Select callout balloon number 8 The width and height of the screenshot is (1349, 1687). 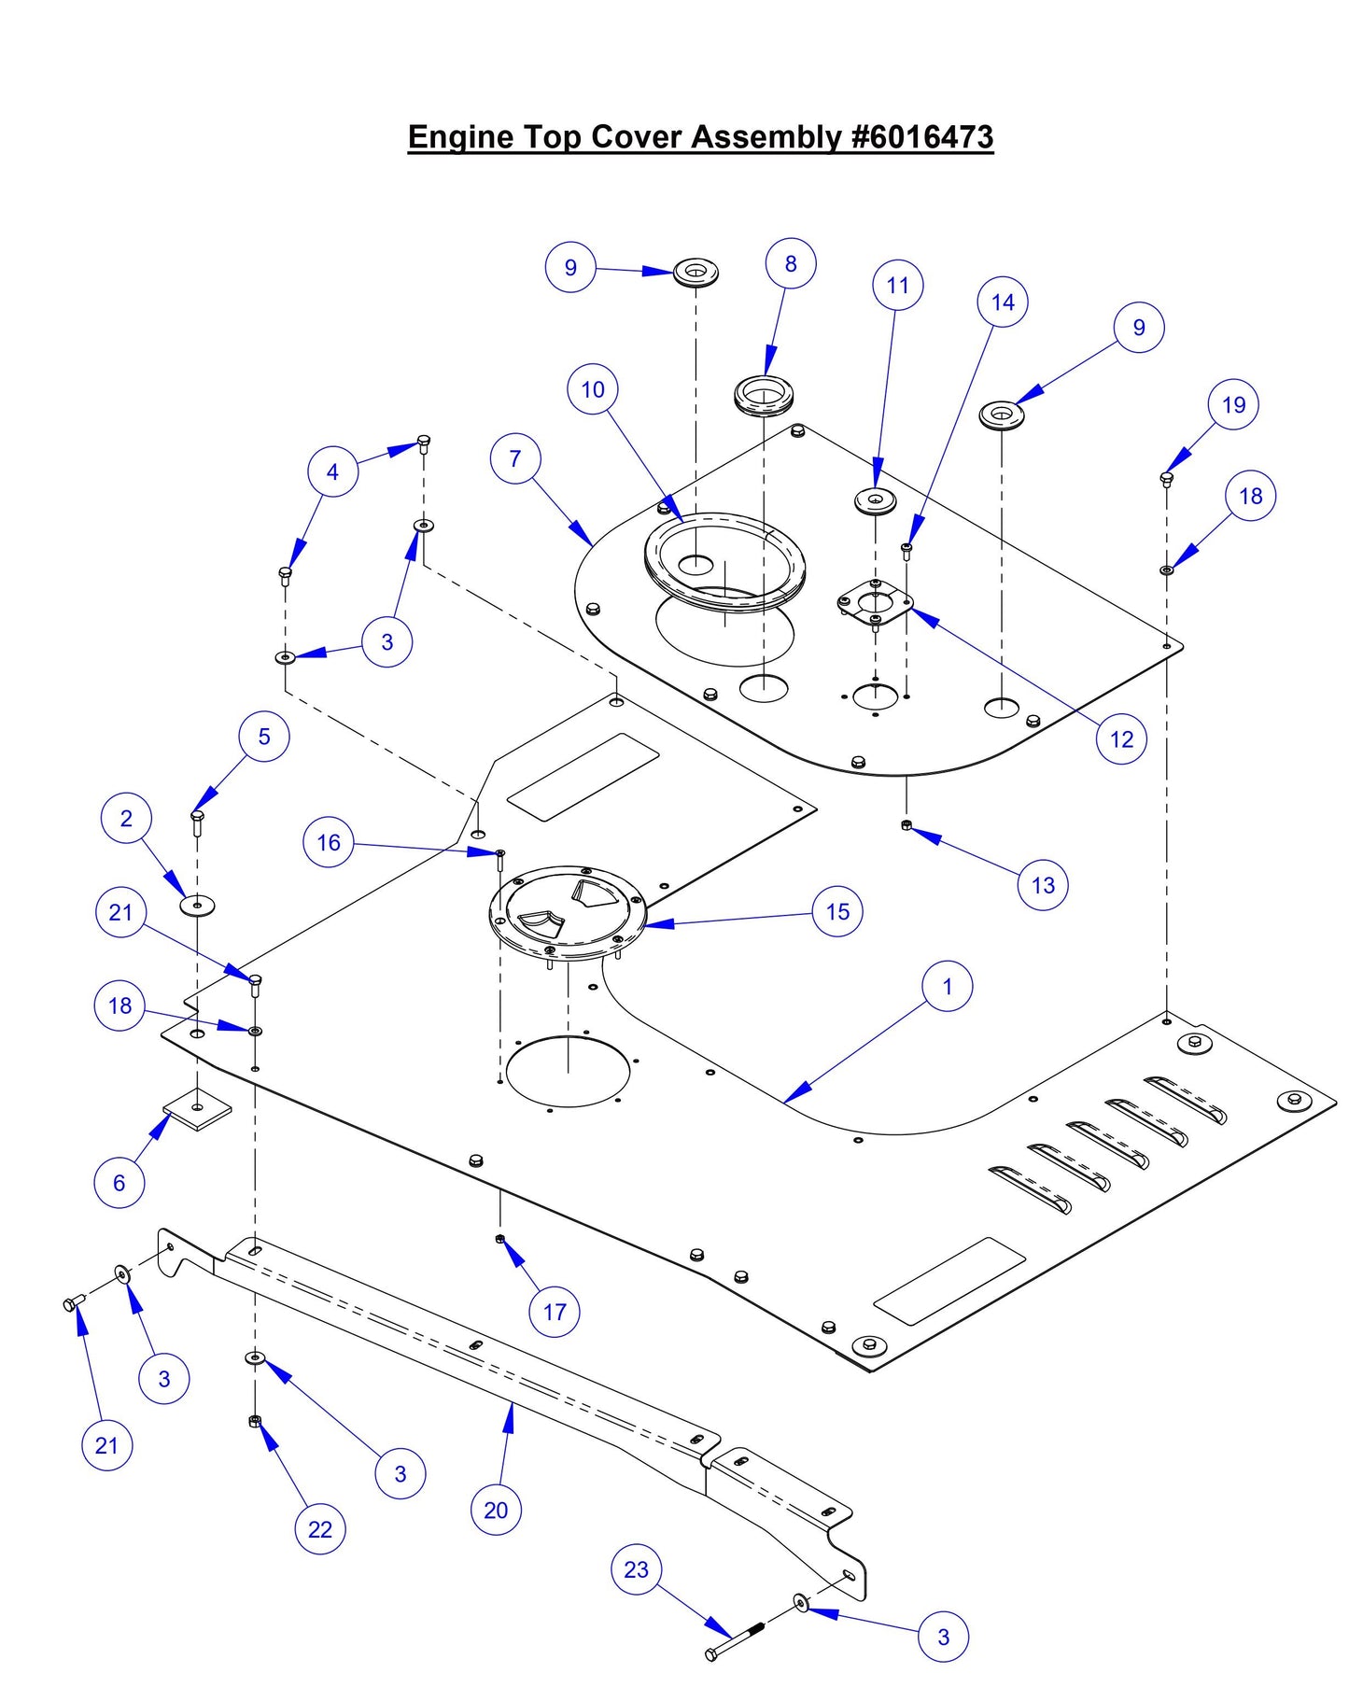[791, 264]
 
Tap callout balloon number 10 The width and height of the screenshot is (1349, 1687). [593, 389]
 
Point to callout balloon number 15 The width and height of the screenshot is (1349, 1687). [837, 911]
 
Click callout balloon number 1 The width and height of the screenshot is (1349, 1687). [948, 987]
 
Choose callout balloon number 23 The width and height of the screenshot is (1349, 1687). [636, 1569]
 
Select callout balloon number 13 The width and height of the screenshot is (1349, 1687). [1043, 885]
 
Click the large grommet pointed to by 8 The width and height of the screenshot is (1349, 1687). [764, 393]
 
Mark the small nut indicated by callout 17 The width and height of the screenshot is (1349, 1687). [500, 1239]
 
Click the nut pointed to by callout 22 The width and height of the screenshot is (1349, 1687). [254, 1421]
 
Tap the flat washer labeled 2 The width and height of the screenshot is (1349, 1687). [197, 905]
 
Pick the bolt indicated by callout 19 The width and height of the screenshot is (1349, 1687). [1166, 478]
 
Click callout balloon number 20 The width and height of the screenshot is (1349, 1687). [496, 1510]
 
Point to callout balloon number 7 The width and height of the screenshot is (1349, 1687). [515, 458]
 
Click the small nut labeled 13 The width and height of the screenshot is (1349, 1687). [906, 824]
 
